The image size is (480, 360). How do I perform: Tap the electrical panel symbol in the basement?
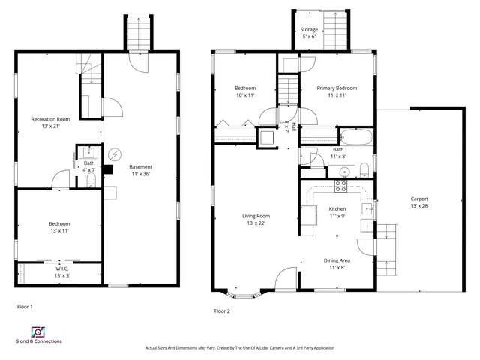115,154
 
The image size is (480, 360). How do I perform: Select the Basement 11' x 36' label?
140,171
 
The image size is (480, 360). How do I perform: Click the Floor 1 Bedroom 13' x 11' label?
59,227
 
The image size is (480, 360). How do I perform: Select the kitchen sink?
367,208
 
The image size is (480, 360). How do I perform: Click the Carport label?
419,202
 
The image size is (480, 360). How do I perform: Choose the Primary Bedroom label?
336,91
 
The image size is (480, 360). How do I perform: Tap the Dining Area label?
336,263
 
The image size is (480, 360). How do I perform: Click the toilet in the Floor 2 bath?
362,168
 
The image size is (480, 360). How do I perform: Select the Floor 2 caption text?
223,310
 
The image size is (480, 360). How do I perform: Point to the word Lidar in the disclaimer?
255,348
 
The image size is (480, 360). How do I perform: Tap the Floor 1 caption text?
25,306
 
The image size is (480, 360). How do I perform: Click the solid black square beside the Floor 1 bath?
107,169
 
